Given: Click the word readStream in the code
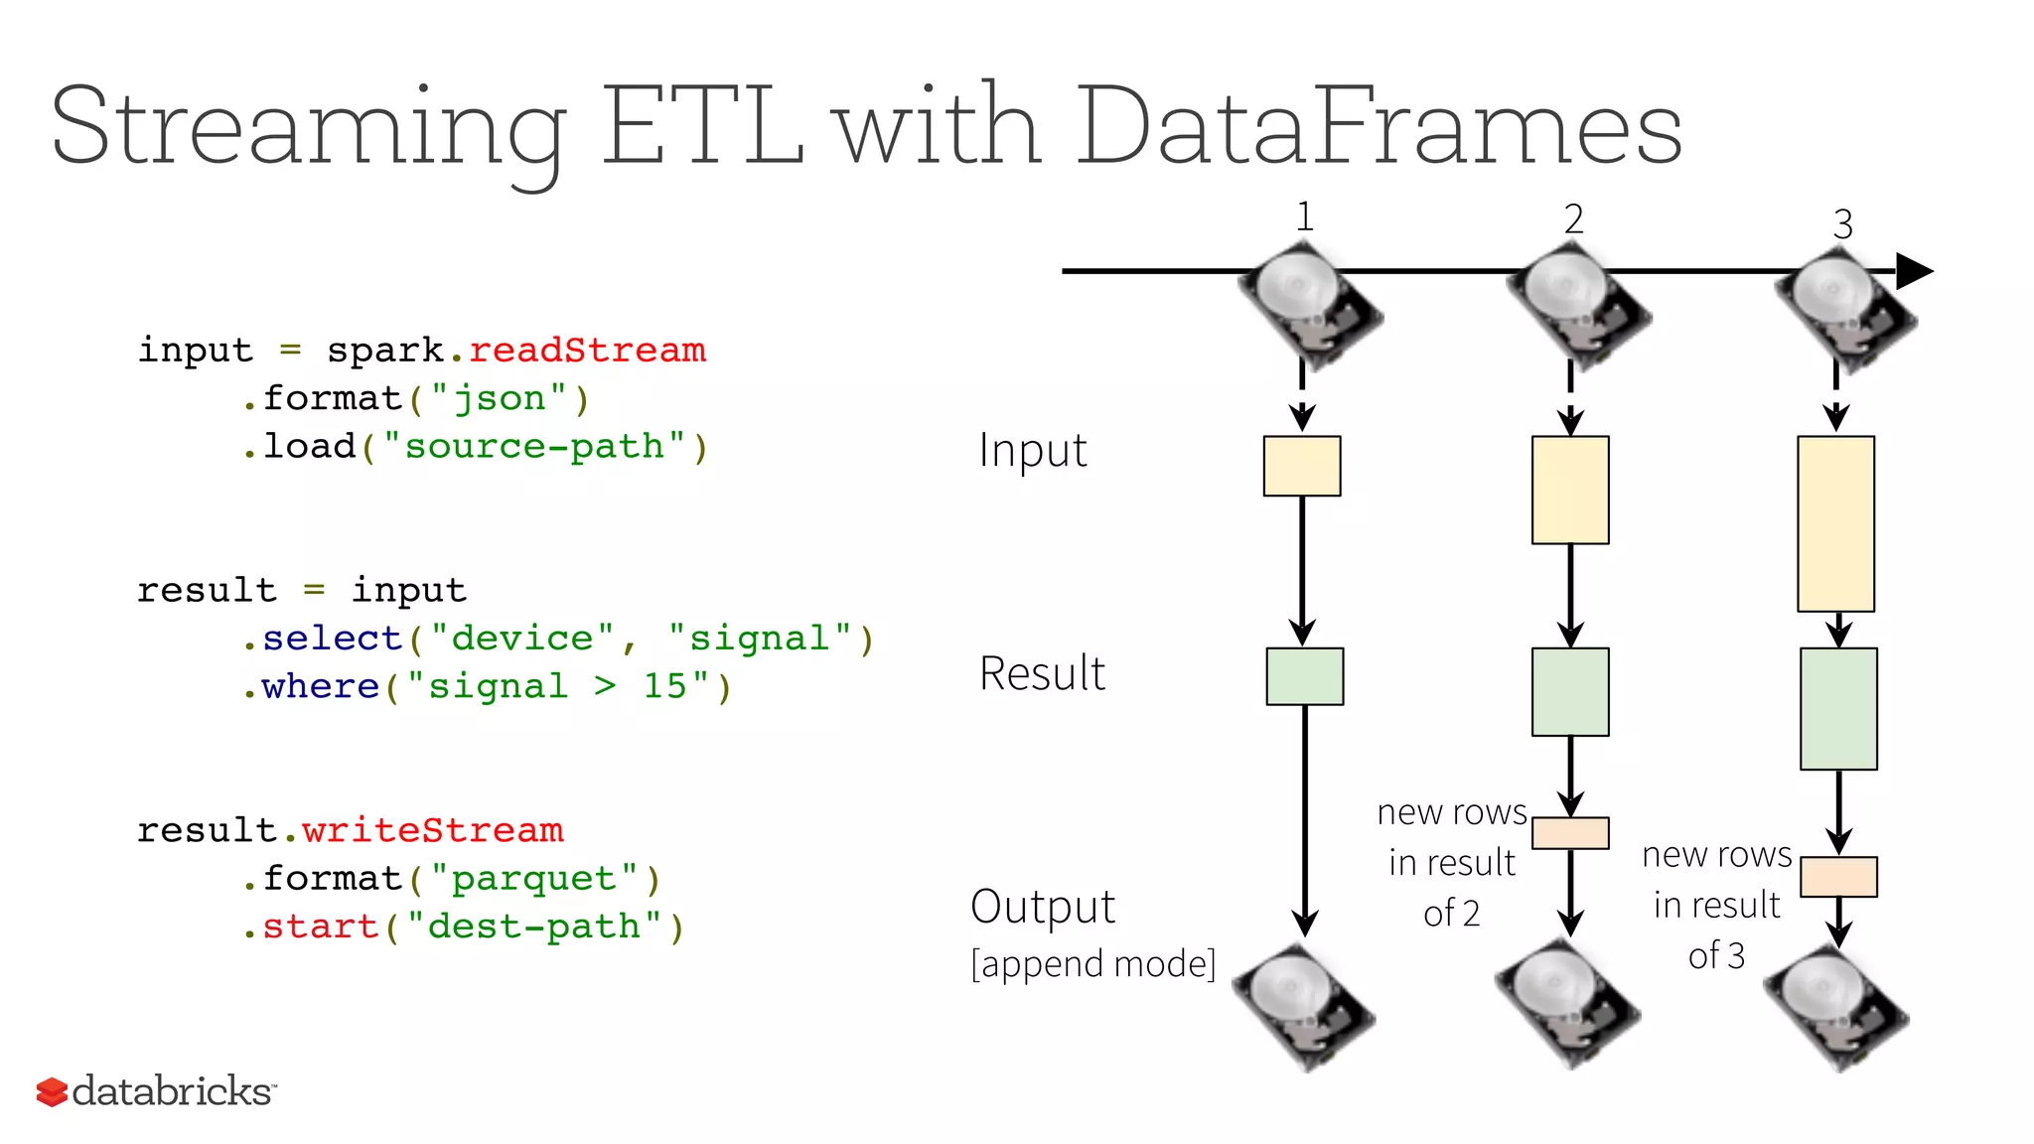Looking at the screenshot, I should [x=587, y=351].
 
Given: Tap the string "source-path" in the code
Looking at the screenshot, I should [x=534, y=447].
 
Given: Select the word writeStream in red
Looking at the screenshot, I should [x=432, y=830].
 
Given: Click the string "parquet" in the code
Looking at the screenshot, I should [x=534, y=879].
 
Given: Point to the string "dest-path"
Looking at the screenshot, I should [x=534, y=927].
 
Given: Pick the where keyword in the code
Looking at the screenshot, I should [x=320, y=686].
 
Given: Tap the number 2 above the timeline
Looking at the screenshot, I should [x=1573, y=219].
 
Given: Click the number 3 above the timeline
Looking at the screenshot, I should [x=1842, y=224].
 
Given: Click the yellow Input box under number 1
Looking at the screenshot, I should [x=1301, y=466].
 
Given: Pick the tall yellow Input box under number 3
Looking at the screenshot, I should [x=1835, y=523].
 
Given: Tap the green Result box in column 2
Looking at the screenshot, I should [x=1570, y=692].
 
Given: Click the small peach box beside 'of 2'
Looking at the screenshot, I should [x=1570, y=833].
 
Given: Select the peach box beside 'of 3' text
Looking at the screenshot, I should [x=1838, y=877].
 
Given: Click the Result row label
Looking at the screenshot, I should [x=1042, y=674].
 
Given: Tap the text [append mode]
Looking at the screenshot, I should [x=1092, y=964].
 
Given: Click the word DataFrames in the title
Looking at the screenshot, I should [x=1379, y=127].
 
